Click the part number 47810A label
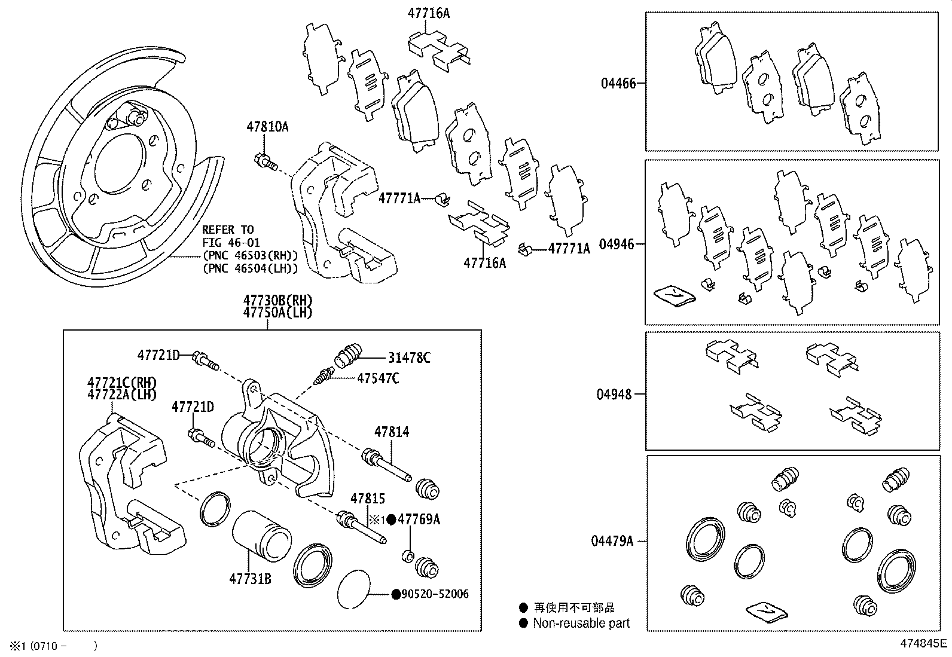point(267,127)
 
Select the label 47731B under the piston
point(250,579)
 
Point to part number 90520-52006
point(435,594)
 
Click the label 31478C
point(409,358)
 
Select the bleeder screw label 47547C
point(378,378)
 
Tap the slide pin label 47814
point(392,432)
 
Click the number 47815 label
point(367,498)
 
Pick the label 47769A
point(419,519)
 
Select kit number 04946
point(618,245)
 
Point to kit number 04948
point(614,395)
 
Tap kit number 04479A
point(612,541)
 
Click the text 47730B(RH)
point(277,300)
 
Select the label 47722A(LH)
point(121,395)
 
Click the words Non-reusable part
point(581,624)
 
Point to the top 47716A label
point(429,13)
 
